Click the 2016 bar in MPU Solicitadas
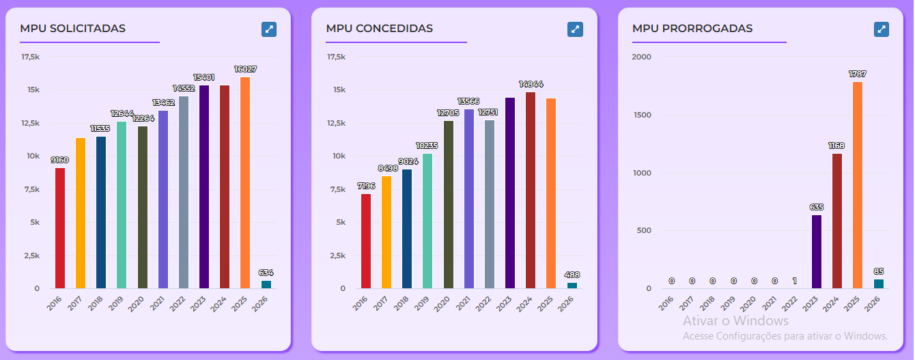click(x=60, y=228)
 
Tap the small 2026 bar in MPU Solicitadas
click(x=266, y=284)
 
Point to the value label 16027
click(x=244, y=70)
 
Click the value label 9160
click(x=60, y=161)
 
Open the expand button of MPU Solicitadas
click(x=269, y=29)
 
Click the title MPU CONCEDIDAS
click(x=379, y=29)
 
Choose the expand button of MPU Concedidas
click(x=575, y=29)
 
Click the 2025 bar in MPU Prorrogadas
click(x=857, y=185)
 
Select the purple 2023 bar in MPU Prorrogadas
click(x=816, y=251)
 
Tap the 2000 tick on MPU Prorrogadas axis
click(x=642, y=57)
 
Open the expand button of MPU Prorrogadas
click(x=882, y=29)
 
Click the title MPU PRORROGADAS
click(x=692, y=29)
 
